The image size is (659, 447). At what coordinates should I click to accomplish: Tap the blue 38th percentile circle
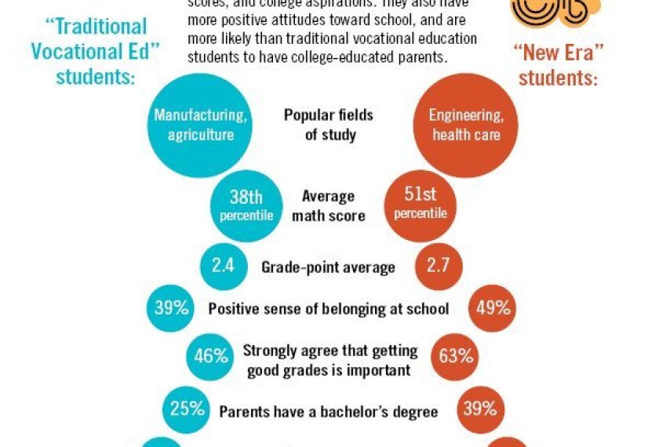click(x=246, y=205)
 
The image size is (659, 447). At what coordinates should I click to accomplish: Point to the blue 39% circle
click(x=171, y=308)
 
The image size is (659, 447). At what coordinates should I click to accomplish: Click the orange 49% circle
click(x=492, y=308)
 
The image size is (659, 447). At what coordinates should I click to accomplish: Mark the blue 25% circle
click(x=187, y=409)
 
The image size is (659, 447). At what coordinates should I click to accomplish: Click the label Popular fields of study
click(x=329, y=125)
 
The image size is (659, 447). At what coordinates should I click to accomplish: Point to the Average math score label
click(x=329, y=205)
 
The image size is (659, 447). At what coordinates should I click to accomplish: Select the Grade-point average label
click(x=328, y=267)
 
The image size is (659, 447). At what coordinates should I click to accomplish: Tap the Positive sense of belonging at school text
click(x=329, y=309)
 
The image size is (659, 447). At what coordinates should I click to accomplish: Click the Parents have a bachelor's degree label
click(x=328, y=410)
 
